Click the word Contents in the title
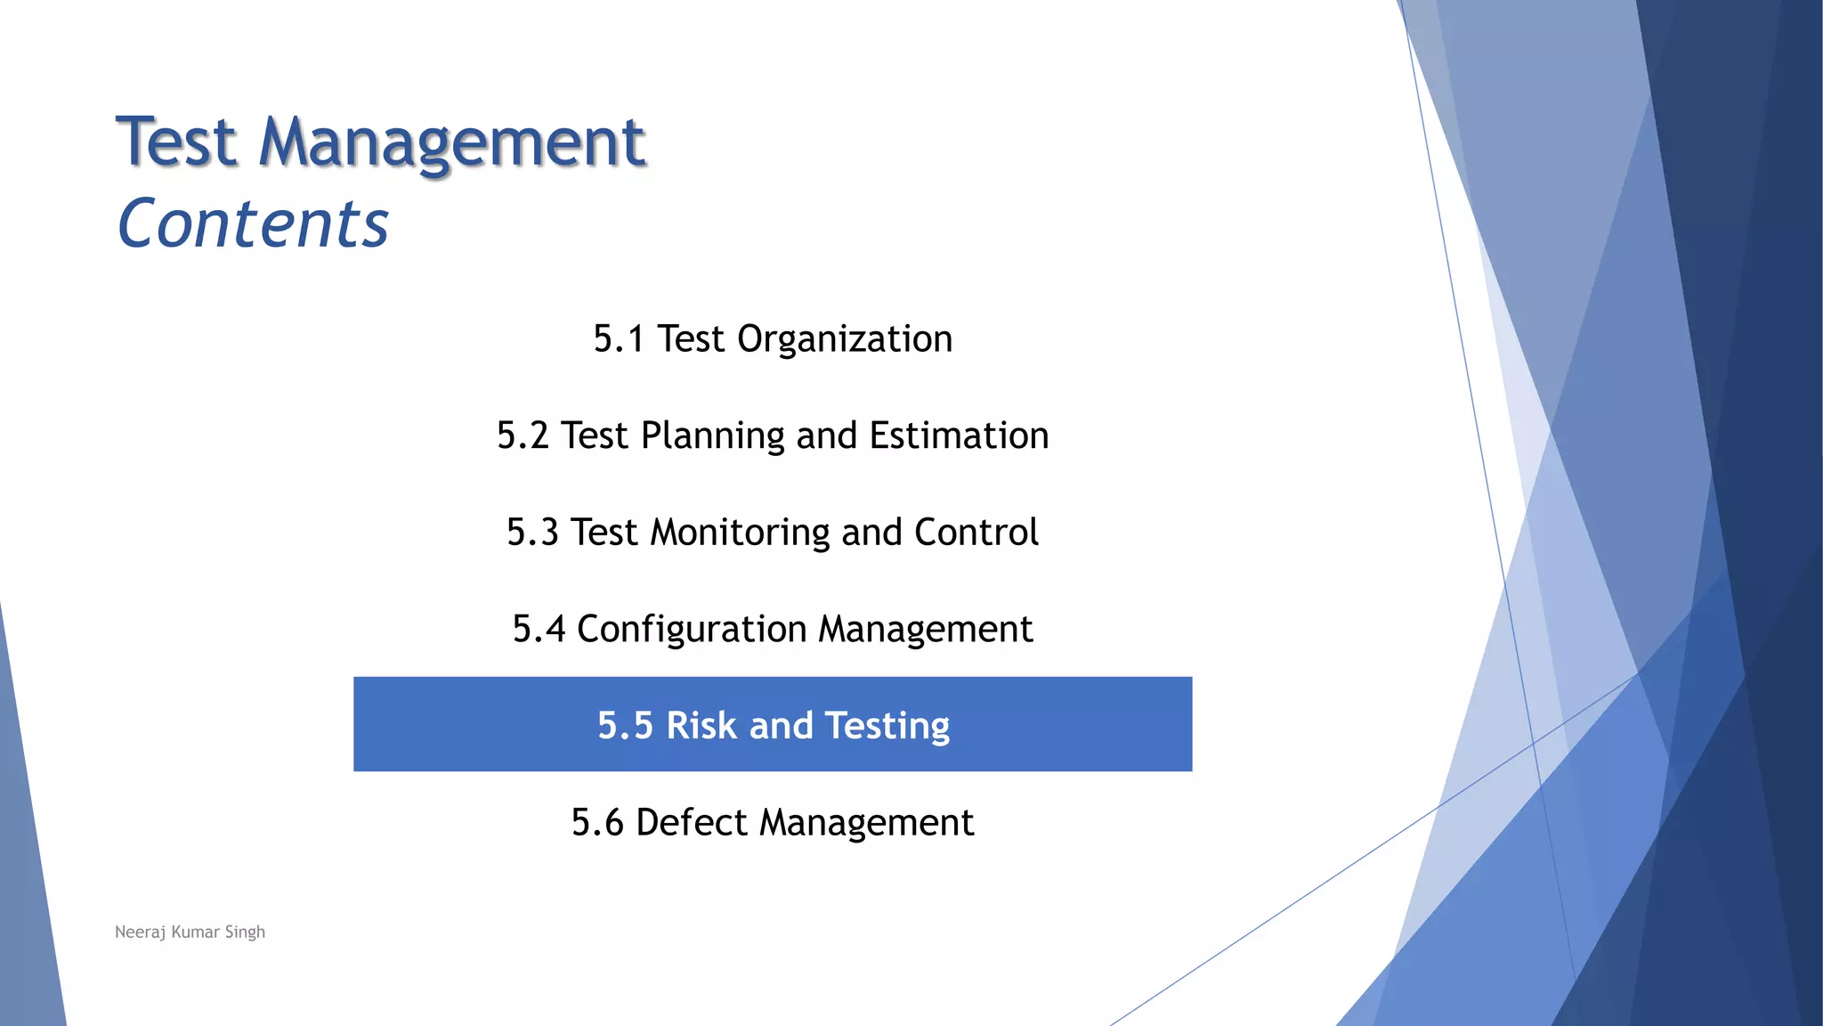253,224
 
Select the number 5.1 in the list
619,339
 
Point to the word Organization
845,339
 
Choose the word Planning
713,436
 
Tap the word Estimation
959,436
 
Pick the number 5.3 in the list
532,533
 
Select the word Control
976,533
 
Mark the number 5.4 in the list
539,630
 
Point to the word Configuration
692,630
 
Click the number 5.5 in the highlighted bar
625,726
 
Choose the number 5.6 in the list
597,823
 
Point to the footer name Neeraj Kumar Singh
190,932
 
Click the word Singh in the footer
245,932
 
